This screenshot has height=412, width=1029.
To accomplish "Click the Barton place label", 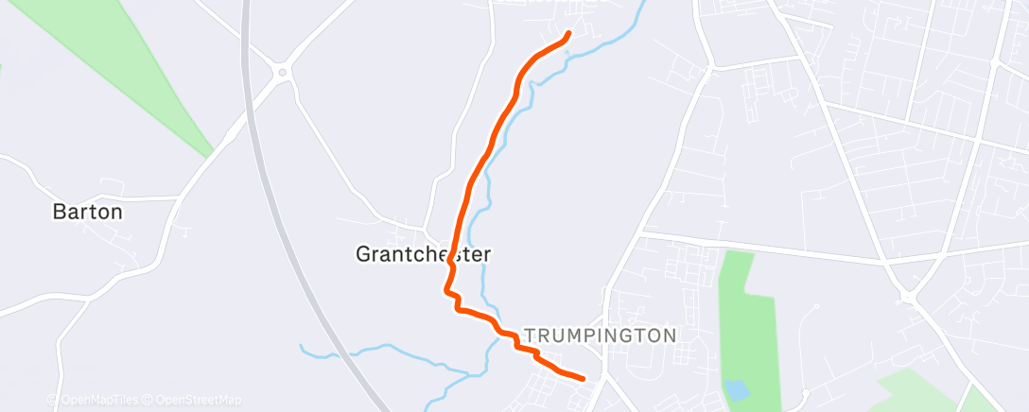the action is (87, 212).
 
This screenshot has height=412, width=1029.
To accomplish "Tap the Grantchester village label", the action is (424, 254).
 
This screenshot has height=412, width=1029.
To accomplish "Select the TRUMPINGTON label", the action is (601, 335).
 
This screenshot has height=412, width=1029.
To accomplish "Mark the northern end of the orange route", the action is (568, 34).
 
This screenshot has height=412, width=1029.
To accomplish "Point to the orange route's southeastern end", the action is (582, 378).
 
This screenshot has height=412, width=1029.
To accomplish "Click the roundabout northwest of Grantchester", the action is (281, 72).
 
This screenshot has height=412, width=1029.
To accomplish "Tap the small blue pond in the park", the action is (735, 389).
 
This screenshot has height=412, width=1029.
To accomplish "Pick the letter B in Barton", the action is (58, 212).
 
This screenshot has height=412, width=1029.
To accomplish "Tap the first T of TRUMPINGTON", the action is (529, 335).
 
